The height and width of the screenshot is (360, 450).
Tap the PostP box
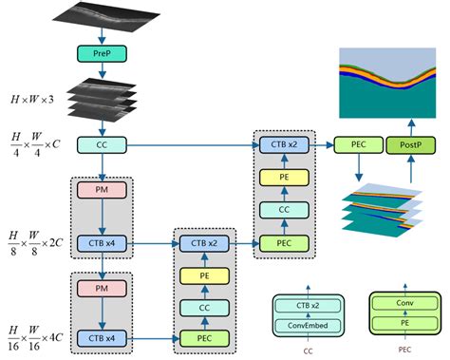(410, 144)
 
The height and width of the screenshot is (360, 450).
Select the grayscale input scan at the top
(102, 18)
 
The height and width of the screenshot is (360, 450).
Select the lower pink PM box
(102, 286)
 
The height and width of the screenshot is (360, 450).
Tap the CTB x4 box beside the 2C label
(102, 244)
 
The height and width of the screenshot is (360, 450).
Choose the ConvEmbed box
(307, 325)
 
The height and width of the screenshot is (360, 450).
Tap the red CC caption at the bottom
(307, 350)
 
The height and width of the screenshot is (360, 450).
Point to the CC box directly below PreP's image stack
(102, 144)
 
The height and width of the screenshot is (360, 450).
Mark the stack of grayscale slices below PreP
(102, 99)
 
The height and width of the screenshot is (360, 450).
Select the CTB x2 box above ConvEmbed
(307, 307)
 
